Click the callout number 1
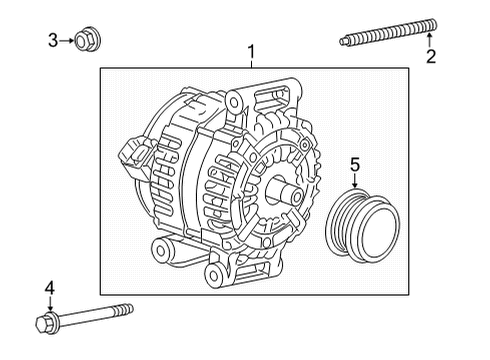[252, 51]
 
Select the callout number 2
[431, 56]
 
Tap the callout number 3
[53, 40]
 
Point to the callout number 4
[49, 288]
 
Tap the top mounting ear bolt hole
[235, 99]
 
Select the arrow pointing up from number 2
[431, 40]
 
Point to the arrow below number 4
[49, 304]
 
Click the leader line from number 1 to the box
[252, 62]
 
